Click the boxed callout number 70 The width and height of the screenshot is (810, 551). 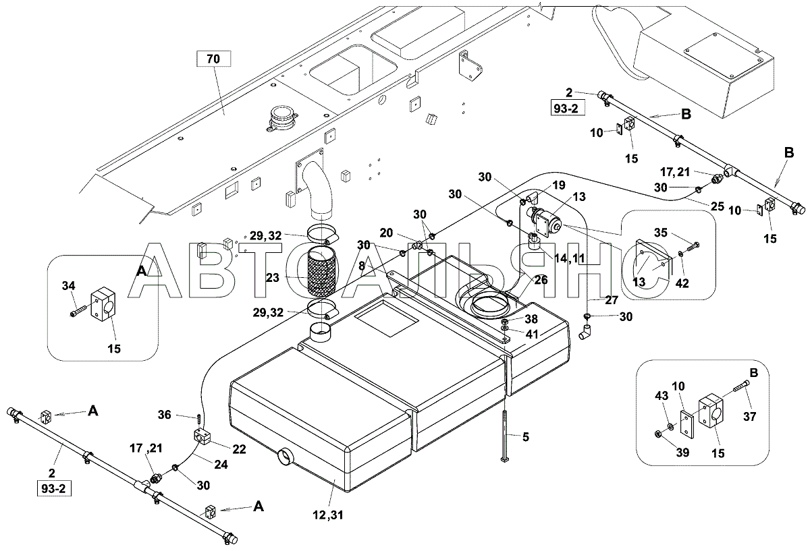pos(213,59)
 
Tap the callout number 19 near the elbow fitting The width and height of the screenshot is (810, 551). pos(558,184)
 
